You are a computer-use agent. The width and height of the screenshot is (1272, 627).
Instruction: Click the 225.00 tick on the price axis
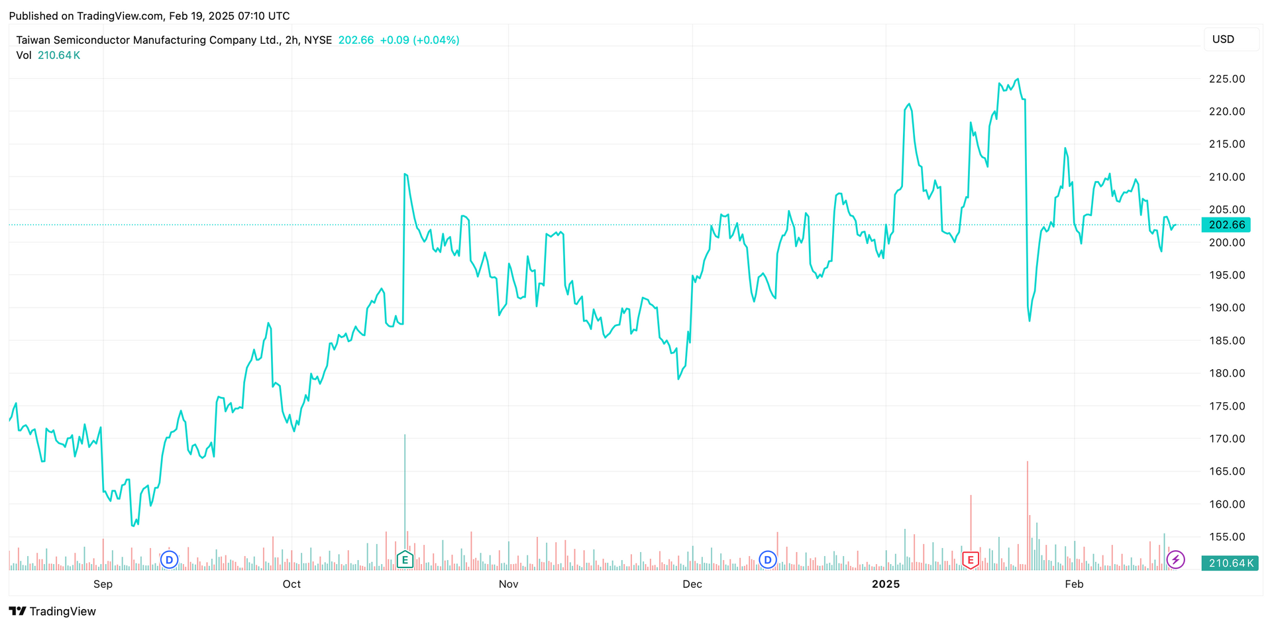tap(1226, 79)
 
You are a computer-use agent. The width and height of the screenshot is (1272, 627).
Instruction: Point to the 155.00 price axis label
tap(1226, 537)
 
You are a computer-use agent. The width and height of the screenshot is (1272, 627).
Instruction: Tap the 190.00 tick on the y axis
tap(1226, 308)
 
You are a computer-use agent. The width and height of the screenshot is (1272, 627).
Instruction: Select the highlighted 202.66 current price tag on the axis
tap(1226, 225)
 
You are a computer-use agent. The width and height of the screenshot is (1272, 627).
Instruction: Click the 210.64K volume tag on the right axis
tap(1230, 563)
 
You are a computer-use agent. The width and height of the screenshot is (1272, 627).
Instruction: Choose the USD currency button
tap(1231, 39)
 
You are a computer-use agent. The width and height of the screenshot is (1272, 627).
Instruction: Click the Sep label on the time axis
tap(103, 584)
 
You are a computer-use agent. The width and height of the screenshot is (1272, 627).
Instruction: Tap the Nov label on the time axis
tap(508, 584)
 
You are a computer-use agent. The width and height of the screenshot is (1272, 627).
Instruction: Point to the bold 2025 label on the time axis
tap(885, 584)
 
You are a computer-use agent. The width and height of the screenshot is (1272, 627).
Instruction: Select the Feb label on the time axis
tap(1074, 584)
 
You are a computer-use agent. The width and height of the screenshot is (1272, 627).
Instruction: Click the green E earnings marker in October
tap(405, 560)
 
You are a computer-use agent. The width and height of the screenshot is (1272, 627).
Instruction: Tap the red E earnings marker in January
tap(971, 560)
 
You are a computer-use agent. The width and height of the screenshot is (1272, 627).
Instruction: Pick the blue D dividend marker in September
tap(169, 560)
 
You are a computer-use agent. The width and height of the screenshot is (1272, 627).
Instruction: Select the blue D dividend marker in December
tap(768, 560)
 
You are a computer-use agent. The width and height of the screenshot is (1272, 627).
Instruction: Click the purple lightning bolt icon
tap(1175, 560)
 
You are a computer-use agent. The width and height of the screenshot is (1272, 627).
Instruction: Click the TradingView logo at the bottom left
tap(52, 611)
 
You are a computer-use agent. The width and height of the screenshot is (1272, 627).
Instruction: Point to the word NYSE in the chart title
tap(318, 40)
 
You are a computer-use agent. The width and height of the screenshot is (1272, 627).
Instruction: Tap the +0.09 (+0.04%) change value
tap(419, 40)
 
